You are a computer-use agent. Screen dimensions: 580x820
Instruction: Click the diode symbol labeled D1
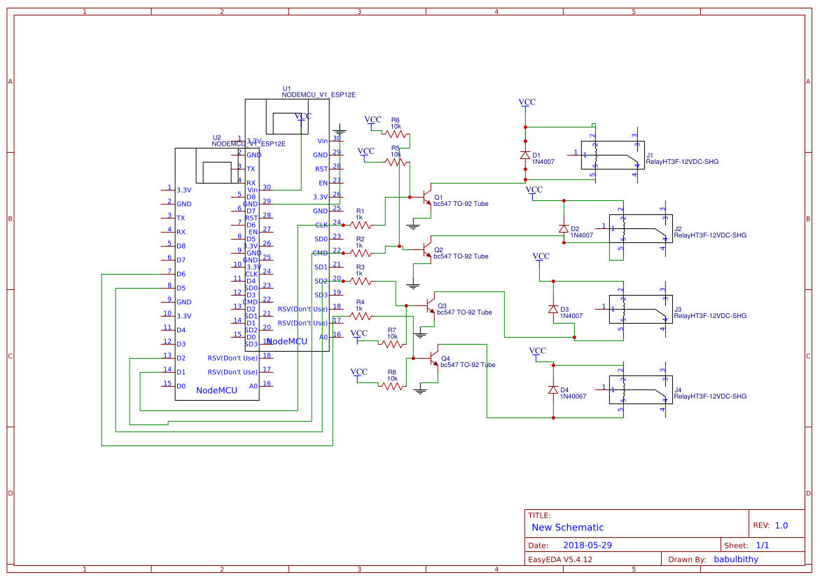(x=525, y=156)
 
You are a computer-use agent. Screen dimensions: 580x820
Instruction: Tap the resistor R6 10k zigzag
(x=396, y=134)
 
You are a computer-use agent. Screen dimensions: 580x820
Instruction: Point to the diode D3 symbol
(x=553, y=309)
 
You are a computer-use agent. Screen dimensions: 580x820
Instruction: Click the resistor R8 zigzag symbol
(x=392, y=386)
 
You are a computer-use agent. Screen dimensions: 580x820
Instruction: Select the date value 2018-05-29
(x=588, y=545)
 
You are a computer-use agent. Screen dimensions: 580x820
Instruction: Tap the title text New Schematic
(x=567, y=527)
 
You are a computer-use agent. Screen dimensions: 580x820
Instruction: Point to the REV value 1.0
(x=781, y=525)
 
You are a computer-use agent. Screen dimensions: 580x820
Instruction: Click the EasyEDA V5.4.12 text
(x=560, y=559)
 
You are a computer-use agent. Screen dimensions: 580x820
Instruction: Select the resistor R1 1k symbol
(x=360, y=225)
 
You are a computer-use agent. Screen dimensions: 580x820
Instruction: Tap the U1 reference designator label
(x=286, y=88)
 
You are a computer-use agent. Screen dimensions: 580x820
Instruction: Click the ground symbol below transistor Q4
(x=420, y=390)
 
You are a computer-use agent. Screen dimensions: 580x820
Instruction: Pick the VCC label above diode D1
(x=527, y=102)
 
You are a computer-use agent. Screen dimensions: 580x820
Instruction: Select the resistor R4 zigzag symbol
(x=360, y=316)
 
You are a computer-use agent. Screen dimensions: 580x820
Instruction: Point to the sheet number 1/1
(x=762, y=545)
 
